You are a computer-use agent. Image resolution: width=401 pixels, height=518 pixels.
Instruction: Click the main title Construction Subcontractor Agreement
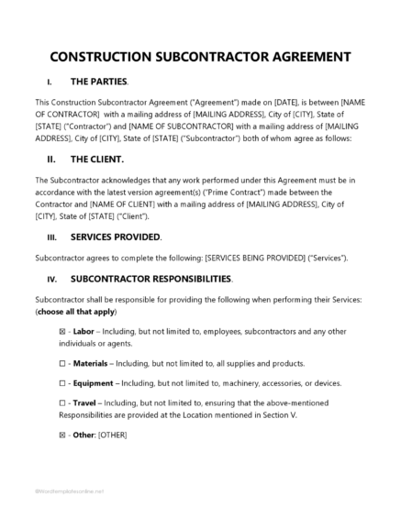pos(200,55)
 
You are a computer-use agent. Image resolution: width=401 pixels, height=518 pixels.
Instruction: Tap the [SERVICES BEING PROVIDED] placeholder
pos(251,258)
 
